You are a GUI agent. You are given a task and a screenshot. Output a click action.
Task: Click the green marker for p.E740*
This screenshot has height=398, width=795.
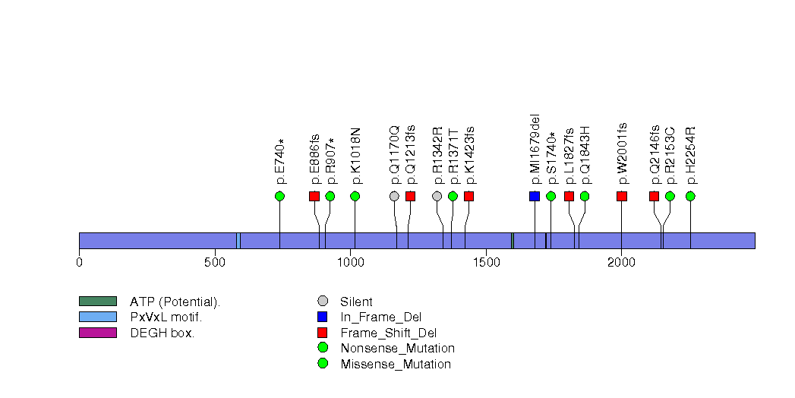click(x=279, y=196)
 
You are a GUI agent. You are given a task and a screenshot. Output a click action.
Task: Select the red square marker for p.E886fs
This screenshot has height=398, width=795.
click(x=314, y=196)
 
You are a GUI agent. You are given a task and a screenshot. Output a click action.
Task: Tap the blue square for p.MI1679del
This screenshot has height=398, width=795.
click(x=535, y=196)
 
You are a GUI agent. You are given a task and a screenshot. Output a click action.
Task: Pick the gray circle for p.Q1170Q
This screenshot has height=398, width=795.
click(x=394, y=196)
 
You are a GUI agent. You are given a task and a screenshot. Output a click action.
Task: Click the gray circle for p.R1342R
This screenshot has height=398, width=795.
click(x=437, y=196)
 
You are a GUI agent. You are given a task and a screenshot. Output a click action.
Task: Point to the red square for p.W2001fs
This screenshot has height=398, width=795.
click(x=622, y=196)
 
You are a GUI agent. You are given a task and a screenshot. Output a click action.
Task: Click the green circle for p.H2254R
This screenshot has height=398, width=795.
click(x=690, y=196)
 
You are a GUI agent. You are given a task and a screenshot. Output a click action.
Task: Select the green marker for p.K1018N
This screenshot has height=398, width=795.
click(x=355, y=196)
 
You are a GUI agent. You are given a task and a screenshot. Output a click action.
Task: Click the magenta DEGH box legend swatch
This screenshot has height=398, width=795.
click(x=97, y=333)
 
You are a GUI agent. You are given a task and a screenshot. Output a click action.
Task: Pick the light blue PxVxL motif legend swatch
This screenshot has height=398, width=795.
click(x=97, y=317)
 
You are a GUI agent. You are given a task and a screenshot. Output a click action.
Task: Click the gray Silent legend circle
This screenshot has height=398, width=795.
click(x=323, y=302)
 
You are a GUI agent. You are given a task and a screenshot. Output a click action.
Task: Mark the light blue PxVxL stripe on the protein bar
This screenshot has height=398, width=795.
click(x=238, y=241)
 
